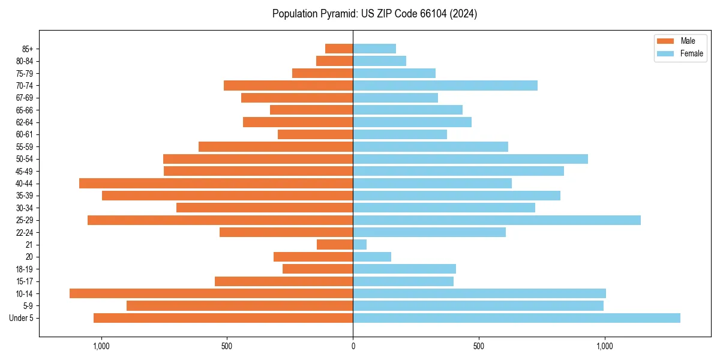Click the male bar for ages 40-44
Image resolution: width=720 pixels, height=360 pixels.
coord(216,183)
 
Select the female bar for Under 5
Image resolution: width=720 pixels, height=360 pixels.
coord(516,318)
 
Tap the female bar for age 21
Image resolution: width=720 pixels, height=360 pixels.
coord(359,244)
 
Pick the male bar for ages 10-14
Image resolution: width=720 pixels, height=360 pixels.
coord(211,293)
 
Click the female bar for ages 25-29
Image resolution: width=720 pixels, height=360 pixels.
coord(497,220)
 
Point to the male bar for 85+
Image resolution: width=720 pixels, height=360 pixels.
coord(339,49)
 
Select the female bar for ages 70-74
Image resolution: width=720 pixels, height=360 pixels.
coord(445,85)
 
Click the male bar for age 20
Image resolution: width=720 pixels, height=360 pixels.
coord(313,257)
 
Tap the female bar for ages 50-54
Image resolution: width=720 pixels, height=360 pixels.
coord(470,159)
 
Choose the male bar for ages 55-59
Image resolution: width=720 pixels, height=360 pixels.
coord(276,146)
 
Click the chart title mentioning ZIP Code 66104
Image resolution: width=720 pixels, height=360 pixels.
coord(374,14)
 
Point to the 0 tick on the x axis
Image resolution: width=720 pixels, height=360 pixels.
coord(353,346)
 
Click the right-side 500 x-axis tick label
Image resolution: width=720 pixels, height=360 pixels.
coord(478,346)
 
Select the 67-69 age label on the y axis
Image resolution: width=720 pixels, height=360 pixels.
coord(25,98)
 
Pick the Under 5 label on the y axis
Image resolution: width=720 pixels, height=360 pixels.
coord(22,318)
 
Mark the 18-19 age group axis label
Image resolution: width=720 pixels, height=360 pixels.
coord(25,269)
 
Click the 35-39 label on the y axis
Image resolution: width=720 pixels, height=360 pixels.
coord(25,196)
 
